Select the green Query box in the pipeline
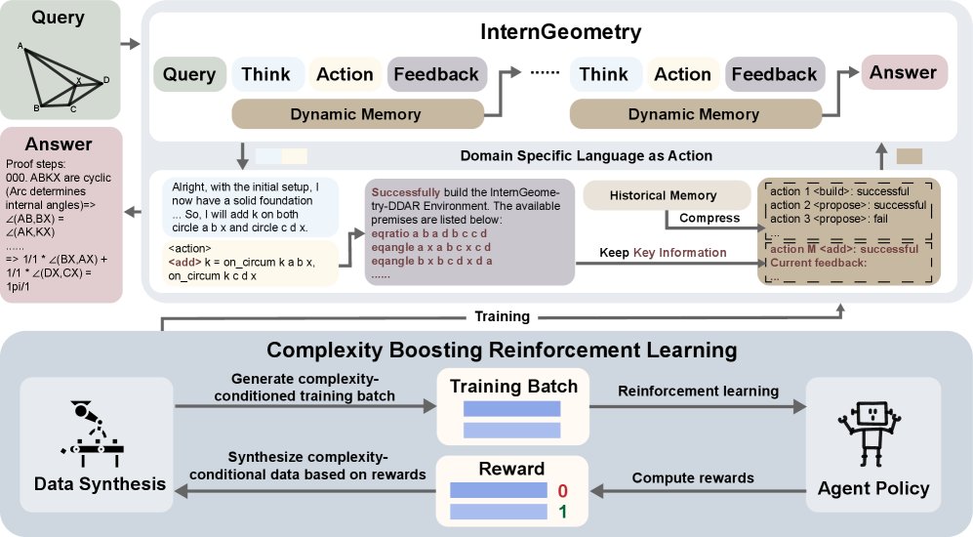(x=189, y=74)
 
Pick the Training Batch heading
(x=513, y=386)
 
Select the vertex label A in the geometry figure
(x=20, y=45)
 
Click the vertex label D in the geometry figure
(x=106, y=79)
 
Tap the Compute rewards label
(x=693, y=477)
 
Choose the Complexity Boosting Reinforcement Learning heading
(x=486, y=350)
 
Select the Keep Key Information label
(x=665, y=252)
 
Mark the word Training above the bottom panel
(x=503, y=316)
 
